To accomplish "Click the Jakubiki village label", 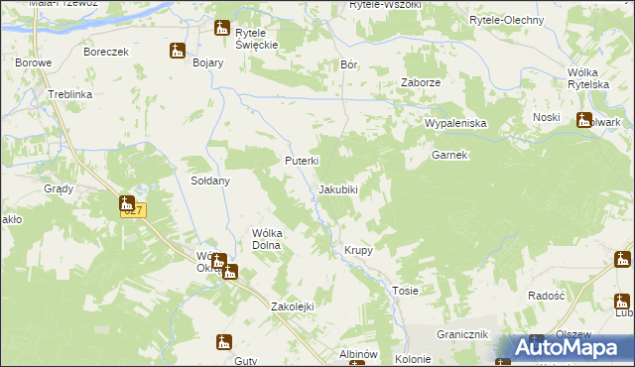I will click(337, 188).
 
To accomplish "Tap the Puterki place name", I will click(302, 161).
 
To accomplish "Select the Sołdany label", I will click(210, 181).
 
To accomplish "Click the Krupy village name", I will click(358, 250).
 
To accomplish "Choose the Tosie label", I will click(405, 291).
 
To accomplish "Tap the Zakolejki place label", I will click(293, 306).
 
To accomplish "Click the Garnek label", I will click(449, 155).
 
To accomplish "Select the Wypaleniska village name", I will click(454, 123).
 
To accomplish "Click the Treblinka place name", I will click(69, 94).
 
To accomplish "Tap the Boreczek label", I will click(107, 51).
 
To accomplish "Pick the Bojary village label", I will click(208, 62).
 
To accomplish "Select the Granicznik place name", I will click(461, 334).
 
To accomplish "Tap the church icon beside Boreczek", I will click(178, 50).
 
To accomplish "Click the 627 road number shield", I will click(133, 210).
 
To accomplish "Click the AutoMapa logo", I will click(563, 346).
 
